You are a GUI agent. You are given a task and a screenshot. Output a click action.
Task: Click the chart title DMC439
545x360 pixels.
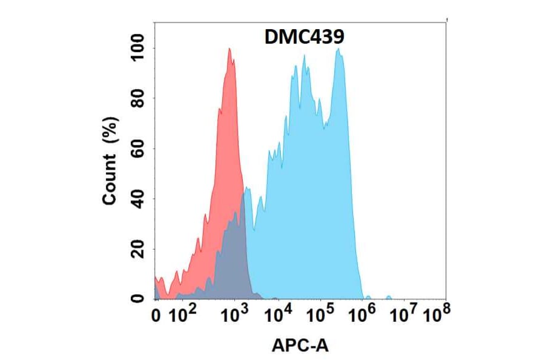[x=305, y=38]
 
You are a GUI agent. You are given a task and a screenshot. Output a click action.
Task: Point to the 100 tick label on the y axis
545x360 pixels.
[x=138, y=48]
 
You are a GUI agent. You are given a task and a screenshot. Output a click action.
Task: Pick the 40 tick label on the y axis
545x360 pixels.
[x=138, y=199]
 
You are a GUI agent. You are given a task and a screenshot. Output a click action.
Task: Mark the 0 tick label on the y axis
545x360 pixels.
[x=138, y=298]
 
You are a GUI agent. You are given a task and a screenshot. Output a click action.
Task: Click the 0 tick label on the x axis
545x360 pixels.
[x=156, y=315]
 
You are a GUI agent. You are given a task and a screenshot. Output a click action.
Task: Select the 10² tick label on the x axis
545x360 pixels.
[x=182, y=315]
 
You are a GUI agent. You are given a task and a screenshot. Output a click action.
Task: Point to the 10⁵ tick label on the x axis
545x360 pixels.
[x=320, y=315]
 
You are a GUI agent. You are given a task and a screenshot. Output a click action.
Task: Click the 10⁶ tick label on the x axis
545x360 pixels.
[x=363, y=315]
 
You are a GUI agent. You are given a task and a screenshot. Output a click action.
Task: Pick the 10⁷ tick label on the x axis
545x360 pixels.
[x=404, y=315]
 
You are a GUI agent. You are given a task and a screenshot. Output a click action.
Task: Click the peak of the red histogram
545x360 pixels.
[x=230, y=50]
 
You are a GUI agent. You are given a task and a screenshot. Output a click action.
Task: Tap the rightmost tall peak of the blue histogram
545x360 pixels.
[x=339, y=50]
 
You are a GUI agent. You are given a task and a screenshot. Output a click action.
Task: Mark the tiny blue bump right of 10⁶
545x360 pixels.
[x=388, y=297]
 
